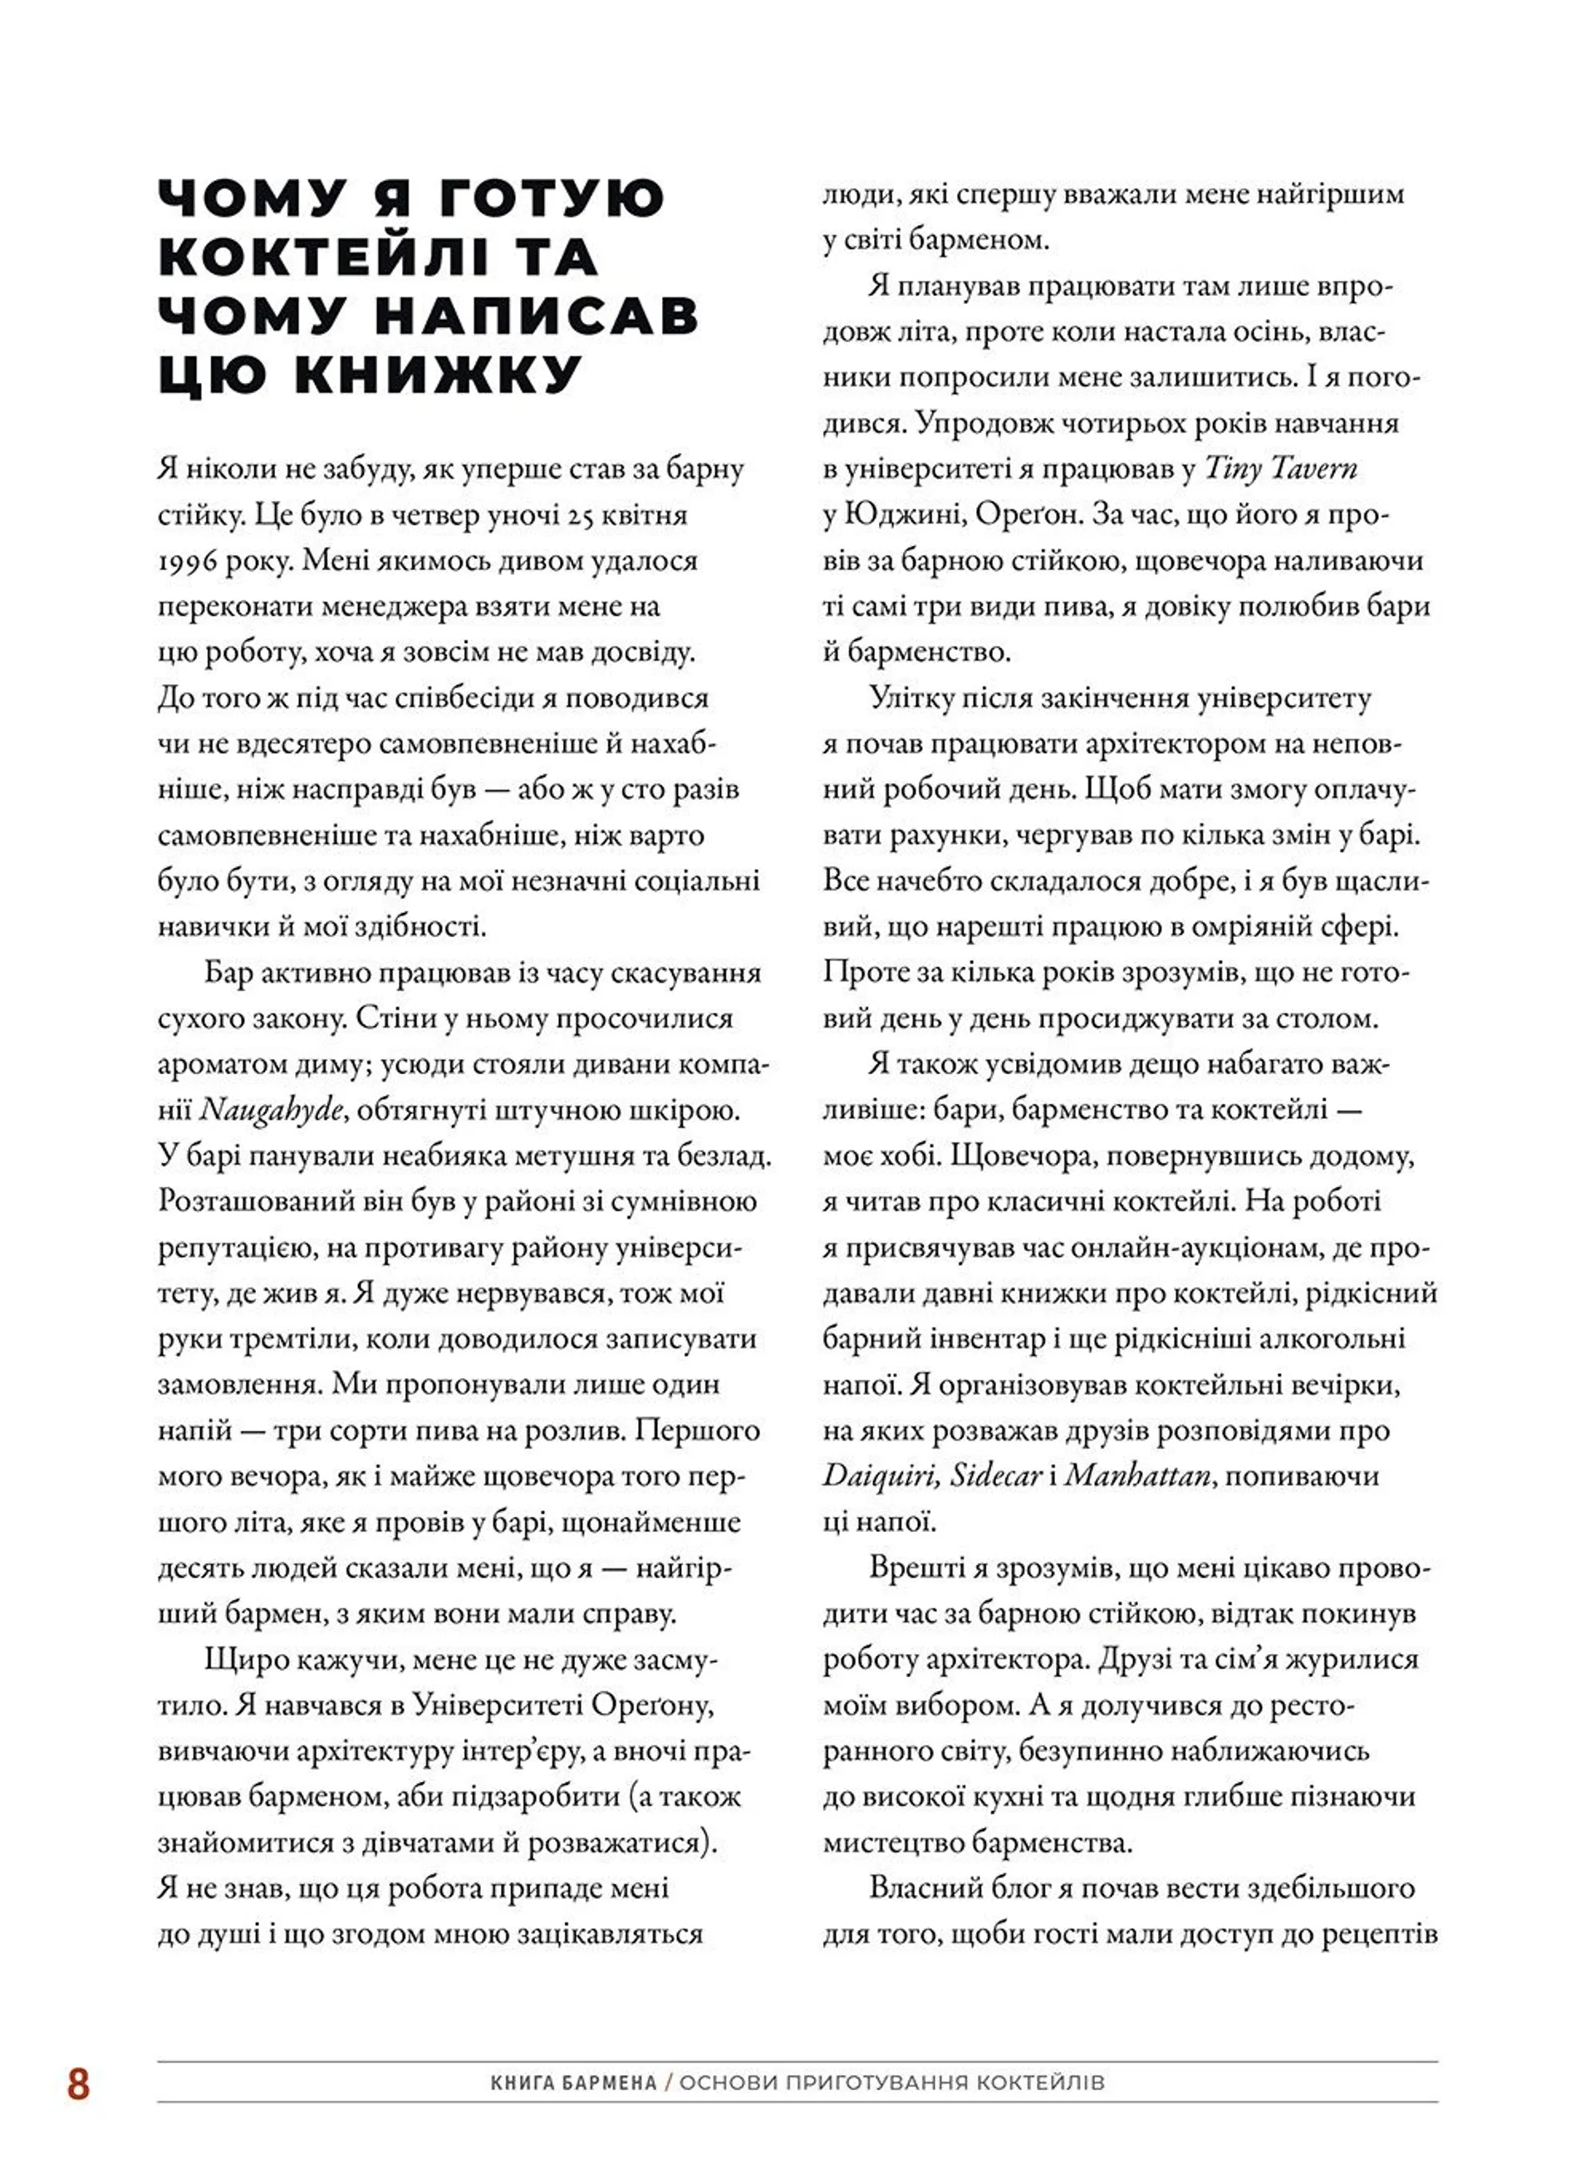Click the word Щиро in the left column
click(246, 1661)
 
